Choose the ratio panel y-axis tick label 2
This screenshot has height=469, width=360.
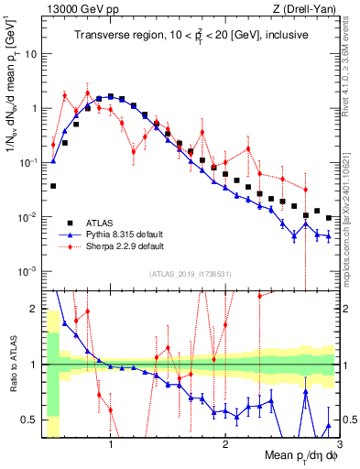(x=36, y=308)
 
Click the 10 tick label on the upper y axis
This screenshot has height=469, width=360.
(x=32, y=53)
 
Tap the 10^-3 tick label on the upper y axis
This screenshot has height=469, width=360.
(x=28, y=271)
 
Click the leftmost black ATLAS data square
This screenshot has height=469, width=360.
(x=53, y=186)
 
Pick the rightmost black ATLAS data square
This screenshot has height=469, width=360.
(x=328, y=219)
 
